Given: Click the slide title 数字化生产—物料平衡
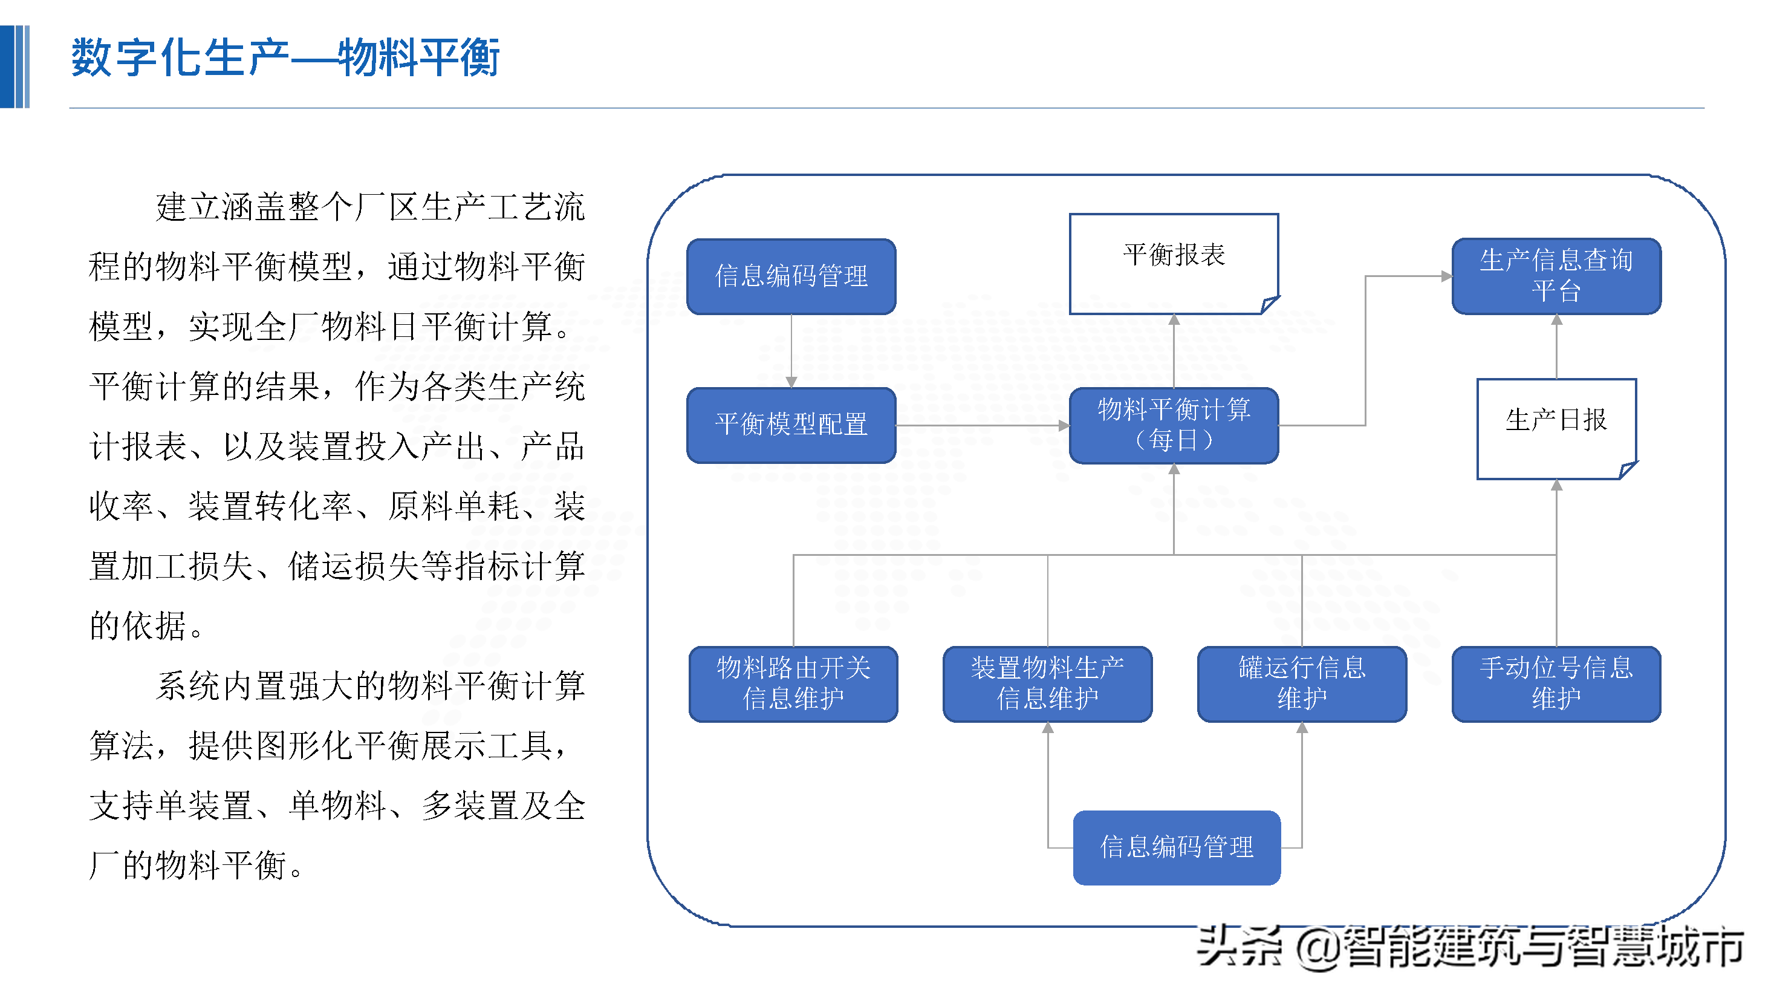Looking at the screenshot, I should (x=285, y=58).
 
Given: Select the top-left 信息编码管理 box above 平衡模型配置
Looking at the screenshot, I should (x=791, y=276).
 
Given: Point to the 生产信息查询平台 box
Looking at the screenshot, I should (x=1556, y=276).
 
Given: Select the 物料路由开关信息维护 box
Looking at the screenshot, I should (x=793, y=683).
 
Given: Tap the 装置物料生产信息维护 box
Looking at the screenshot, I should (x=1047, y=683).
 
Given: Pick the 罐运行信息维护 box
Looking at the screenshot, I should (x=1301, y=683).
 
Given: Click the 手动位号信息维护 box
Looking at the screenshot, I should (x=1556, y=683).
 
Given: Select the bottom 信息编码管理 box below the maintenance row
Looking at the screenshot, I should (x=1176, y=847).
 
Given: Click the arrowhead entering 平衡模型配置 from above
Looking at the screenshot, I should (x=791, y=382).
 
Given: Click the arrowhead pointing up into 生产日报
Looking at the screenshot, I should (x=1556, y=486).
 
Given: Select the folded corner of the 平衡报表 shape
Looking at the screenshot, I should (x=1269, y=304).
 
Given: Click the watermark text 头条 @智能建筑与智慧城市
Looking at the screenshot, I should (x=1470, y=947).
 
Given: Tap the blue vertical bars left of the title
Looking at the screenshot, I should (x=15, y=67).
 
